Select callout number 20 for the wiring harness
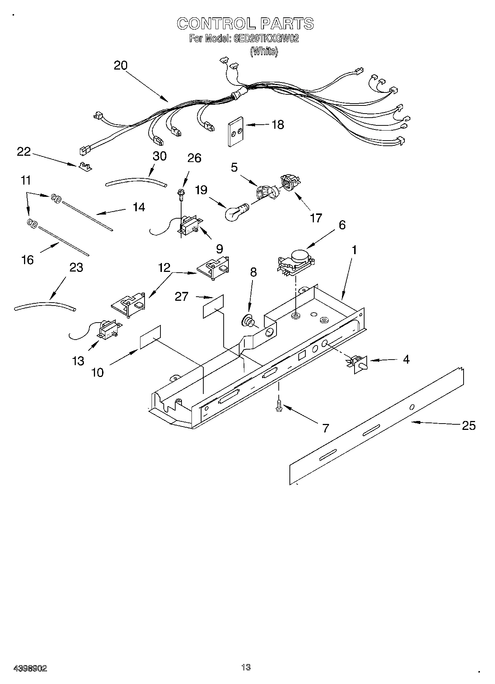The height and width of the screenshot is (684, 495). (121, 65)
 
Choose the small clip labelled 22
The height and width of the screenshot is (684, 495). (85, 167)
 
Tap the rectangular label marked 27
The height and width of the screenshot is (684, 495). (213, 306)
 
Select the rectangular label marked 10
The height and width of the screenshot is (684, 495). (150, 337)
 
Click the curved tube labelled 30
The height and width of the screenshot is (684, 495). (135, 182)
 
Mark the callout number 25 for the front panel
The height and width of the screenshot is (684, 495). (468, 426)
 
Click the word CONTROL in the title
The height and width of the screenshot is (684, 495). (216, 24)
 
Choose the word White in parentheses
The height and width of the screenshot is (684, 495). (264, 51)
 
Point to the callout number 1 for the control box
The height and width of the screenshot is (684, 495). (354, 250)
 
